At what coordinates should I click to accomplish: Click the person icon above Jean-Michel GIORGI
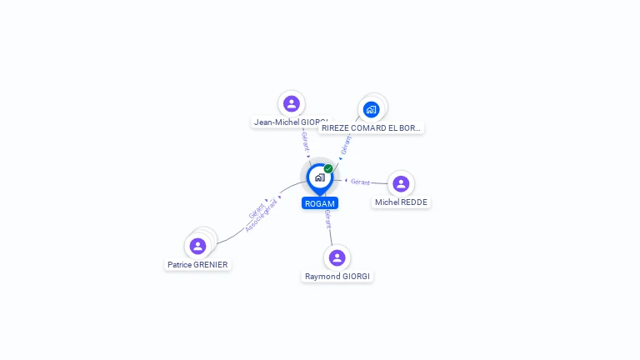point(291,103)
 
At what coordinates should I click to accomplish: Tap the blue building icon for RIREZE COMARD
point(372,109)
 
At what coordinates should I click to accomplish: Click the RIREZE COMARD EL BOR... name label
point(372,127)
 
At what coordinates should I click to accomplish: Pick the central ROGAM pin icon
point(318,177)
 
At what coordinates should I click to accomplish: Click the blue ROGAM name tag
point(320,203)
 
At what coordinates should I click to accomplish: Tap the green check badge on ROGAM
point(328,168)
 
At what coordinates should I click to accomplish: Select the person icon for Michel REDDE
point(401,183)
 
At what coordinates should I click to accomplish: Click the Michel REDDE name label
point(401,202)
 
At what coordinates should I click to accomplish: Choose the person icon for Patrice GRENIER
point(197,246)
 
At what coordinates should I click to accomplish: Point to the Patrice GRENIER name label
point(197,264)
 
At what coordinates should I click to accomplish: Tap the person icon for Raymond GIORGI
point(337,257)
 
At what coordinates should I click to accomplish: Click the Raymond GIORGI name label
point(337,276)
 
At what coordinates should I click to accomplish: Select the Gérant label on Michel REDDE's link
point(360,182)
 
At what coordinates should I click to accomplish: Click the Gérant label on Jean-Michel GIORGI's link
point(306,141)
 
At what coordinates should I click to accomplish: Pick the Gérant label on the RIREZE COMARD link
point(345,144)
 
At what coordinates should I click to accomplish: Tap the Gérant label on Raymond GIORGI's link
point(328,218)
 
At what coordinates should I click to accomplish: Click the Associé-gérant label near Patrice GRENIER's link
point(262,215)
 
